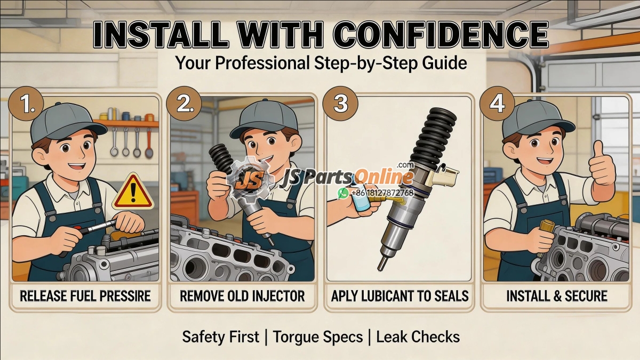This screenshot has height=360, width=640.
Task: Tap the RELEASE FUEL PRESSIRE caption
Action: (x=85, y=295)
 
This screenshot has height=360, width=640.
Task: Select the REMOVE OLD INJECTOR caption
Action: (x=242, y=295)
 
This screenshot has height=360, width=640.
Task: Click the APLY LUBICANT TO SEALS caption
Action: (x=399, y=295)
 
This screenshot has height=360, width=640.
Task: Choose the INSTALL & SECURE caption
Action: (x=556, y=295)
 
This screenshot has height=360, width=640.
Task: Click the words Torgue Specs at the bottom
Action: (x=318, y=337)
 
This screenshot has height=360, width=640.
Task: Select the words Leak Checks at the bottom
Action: (x=418, y=337)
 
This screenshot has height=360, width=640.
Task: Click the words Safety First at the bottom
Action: (x=220, y=337)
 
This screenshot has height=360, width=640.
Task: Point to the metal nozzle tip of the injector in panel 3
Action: (x=382, y=263)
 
